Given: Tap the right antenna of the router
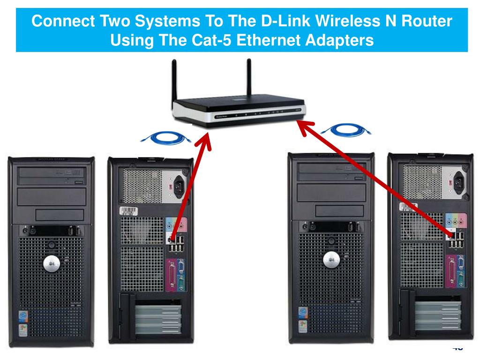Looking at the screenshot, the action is point(248,80).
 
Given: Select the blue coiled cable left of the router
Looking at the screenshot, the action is point(166,137).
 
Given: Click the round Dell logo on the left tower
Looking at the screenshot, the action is point(51,264).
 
